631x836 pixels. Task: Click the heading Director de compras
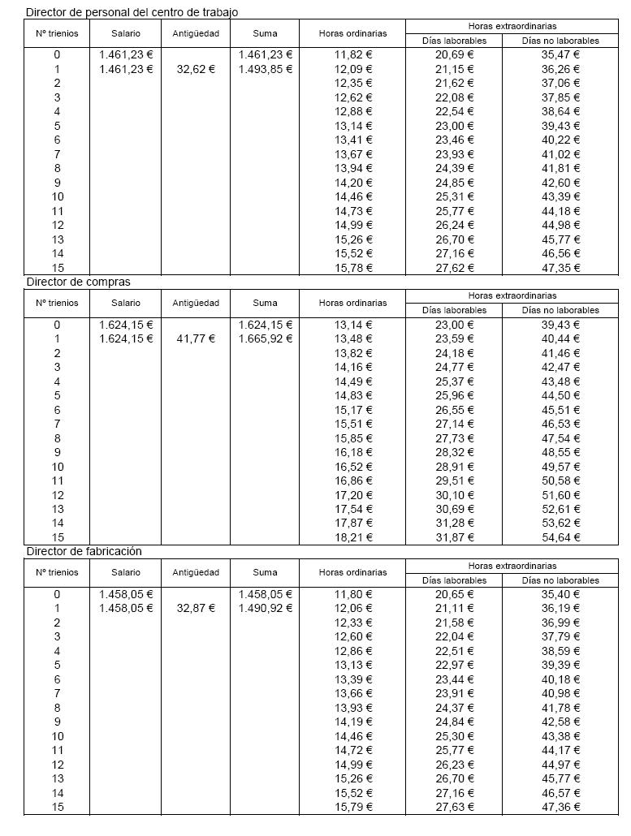(78, 282)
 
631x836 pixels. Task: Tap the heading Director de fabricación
(84, 551)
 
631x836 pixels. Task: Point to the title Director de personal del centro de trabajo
(132, 12)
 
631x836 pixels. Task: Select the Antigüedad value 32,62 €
(196, 69)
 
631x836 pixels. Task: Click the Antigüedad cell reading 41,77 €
(196, 338)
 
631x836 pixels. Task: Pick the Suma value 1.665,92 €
(266, 338)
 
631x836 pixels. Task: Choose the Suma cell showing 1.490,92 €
(266, 608)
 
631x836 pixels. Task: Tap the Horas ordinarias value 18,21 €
(353, 537)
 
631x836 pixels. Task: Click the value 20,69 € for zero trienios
(455, 54)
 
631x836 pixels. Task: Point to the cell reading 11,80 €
(353, 594)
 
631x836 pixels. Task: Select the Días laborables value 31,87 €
(455, 537)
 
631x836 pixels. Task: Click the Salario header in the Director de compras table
(126, 303)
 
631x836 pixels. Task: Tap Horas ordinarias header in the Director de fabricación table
(353, 572)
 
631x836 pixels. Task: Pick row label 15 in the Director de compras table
(58, 537)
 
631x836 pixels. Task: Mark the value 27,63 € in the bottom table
(455, 807)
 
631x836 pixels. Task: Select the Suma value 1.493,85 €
(266, 69)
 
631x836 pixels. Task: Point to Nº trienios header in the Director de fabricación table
(58, 572)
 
